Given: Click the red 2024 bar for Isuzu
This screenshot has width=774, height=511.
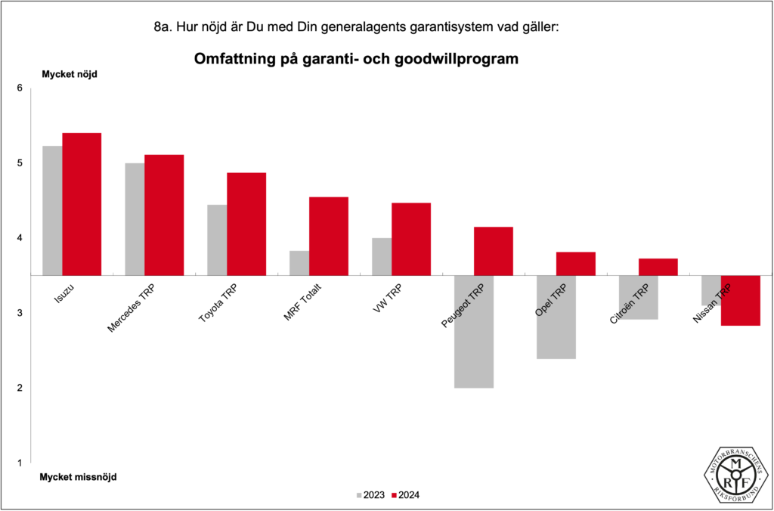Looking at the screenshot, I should (x=82, y=204).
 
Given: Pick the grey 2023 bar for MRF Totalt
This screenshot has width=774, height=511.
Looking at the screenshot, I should (x=299, y=263).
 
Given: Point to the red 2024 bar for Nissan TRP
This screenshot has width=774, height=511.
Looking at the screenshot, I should (x=740, y=300).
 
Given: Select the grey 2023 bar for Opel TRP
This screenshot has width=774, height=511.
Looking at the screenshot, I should (x=556, y=317).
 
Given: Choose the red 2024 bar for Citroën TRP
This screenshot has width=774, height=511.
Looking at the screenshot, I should (x=658, y=267).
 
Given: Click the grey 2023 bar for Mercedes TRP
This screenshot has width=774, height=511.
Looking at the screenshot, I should (x=135, y=219).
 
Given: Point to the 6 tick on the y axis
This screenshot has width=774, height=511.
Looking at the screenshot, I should (x=20, y=88).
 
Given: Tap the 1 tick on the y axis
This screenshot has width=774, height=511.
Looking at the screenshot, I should (x=20, y=463).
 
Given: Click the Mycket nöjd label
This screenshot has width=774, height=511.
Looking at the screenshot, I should (x=70, y=74).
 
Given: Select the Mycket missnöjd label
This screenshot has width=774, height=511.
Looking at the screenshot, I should (x=79, y=477).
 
